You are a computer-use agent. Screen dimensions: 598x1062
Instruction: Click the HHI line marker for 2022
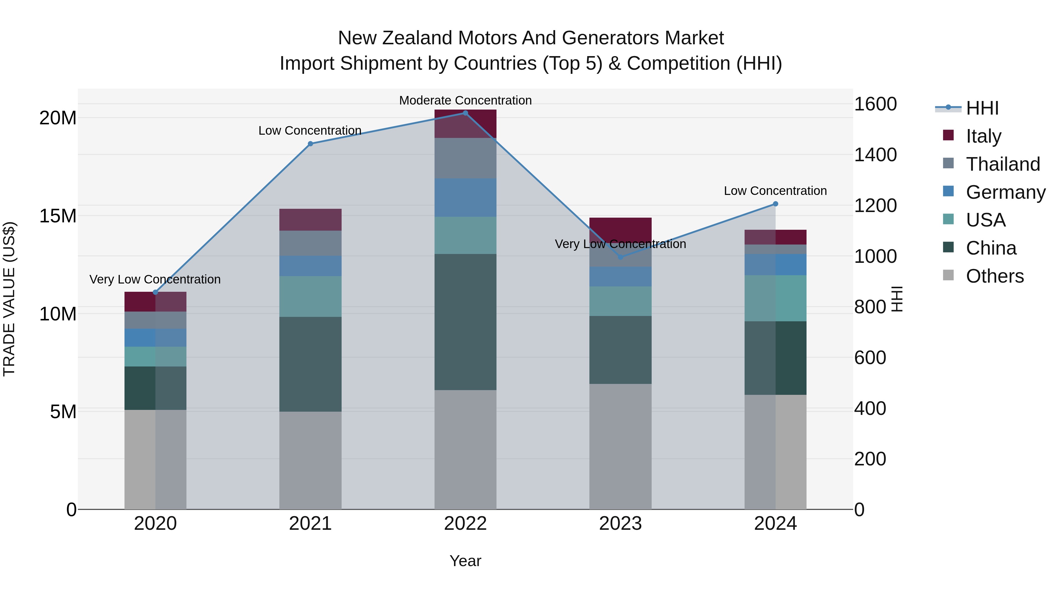pos(466,113)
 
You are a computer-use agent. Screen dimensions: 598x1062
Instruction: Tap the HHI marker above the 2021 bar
pos(310,144)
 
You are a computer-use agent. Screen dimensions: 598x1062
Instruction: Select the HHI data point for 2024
pos(776,204)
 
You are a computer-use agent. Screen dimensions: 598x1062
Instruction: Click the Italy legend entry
pos(983,136)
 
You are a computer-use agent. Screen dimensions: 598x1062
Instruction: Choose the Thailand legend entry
pos(1003,164)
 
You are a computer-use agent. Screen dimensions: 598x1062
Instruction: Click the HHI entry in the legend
pos(982,108)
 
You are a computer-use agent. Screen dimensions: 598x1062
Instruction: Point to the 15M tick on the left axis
pos(58,216)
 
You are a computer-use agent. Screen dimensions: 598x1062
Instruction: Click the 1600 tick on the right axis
pos(875,104)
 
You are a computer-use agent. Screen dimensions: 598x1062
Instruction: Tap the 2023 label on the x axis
pos(620,524)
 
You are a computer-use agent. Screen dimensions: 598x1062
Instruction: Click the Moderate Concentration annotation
pos(466,100)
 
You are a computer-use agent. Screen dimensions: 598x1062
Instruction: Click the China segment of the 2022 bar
pos(466,322)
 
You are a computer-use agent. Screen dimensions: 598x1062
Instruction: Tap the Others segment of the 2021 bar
pos(310,460)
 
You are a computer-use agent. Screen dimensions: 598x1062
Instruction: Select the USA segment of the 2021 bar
pos(310,296)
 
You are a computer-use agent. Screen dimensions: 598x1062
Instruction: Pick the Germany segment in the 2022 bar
pos(466,198)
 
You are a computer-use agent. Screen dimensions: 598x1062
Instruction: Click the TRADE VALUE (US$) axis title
pos(9,299)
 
